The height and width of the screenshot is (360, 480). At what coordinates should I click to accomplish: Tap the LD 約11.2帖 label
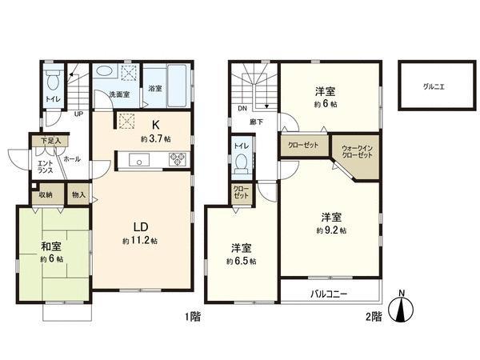pyautogui.click(x=139, y=234)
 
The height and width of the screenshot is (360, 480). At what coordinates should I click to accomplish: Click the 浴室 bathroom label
pyautogui.click(x=156, y=88)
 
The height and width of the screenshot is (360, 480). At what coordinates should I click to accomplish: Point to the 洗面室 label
pyautogui.click(x=119, y=94)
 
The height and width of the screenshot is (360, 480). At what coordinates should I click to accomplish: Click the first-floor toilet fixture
pyautogui.click(x=53, y=81)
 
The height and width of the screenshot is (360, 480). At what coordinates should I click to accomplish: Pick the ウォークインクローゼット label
pyautogui.click(x=357, y=153)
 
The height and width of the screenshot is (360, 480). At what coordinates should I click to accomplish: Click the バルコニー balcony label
pyautogui.click(x=329, y=294)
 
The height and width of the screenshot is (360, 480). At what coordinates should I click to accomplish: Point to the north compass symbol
pyautogui.click(x=402, y=308)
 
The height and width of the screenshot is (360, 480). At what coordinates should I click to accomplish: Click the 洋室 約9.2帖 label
pyautogui.click(x=331, y=223)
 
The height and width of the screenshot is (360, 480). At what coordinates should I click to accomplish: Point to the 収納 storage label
pyautogui.click(x=45, y=194)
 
